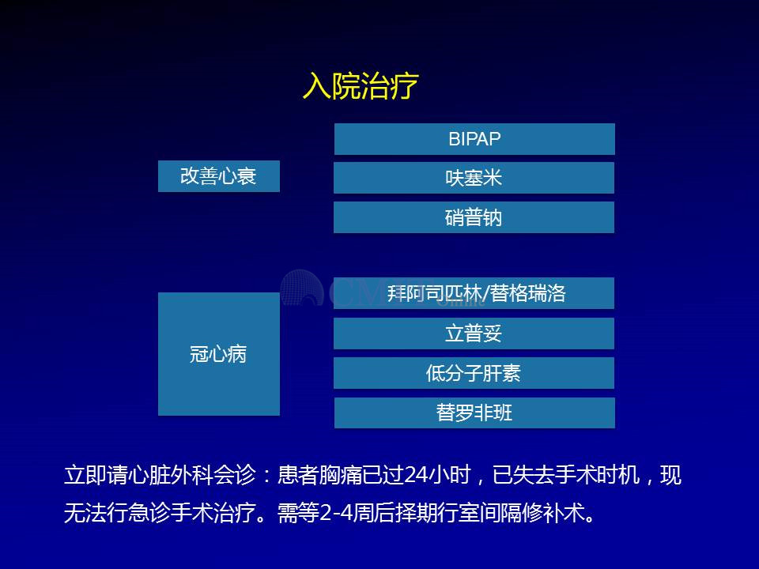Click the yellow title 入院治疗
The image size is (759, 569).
coord(361,85)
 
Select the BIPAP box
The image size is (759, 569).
coord(474,139)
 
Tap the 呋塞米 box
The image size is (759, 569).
coord(474,178)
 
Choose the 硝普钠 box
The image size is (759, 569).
coord(474,217)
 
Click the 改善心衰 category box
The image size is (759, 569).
coord(219,176)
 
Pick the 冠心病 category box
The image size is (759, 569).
coord(219,354)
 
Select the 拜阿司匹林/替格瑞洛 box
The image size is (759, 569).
coord(474,293)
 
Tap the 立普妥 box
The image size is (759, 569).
coord(474,333)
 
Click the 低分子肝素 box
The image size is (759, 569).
coord(474,373)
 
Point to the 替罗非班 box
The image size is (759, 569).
coord(474,413)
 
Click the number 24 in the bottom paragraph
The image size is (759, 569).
coord(415,475)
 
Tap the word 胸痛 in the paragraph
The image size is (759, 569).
coord(341,475)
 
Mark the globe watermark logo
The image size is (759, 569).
coord(302,288)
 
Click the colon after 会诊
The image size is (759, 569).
coord(266,476)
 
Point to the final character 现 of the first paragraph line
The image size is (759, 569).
coord(671,475)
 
